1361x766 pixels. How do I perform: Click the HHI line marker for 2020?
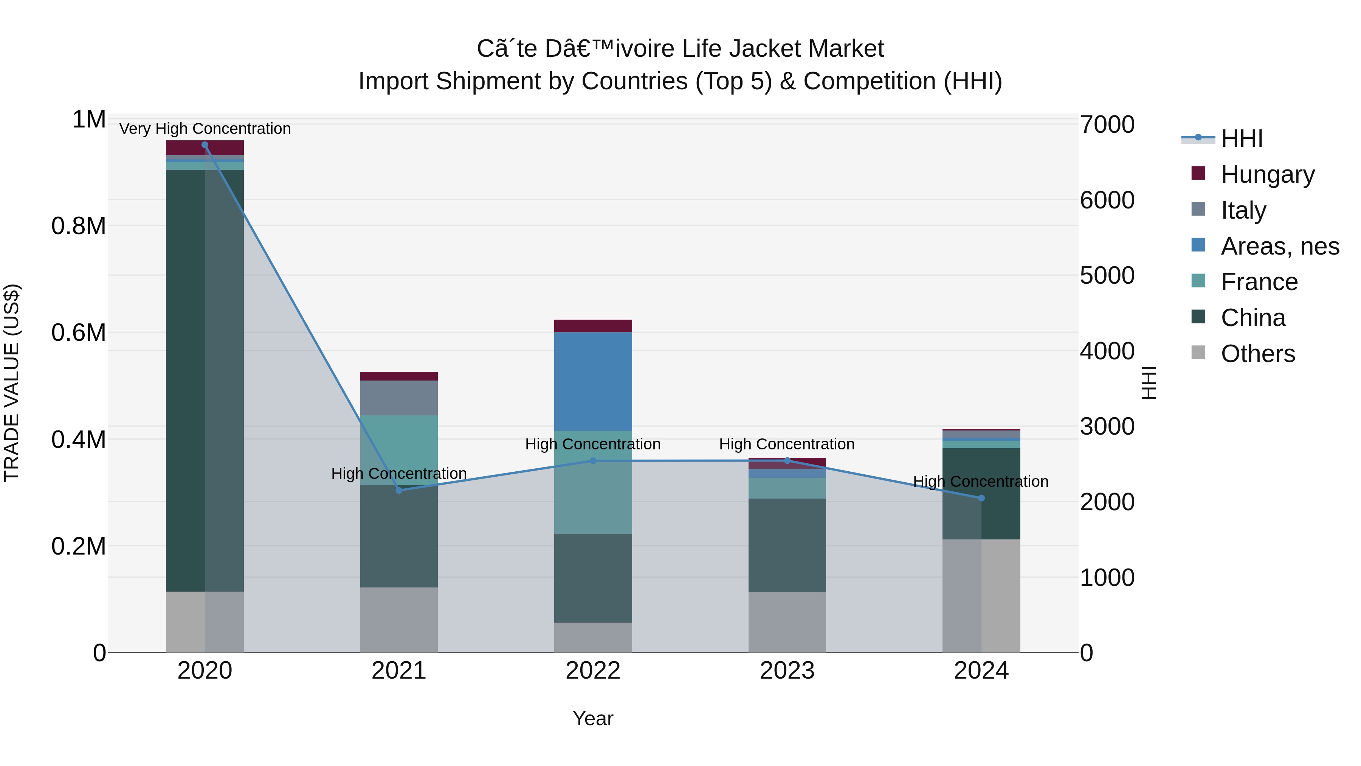205,145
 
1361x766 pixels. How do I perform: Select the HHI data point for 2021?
399,491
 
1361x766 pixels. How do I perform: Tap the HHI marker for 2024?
981,498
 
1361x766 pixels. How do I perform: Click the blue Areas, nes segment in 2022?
593,381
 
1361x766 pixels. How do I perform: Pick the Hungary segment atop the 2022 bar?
593,326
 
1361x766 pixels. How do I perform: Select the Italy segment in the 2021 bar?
399,398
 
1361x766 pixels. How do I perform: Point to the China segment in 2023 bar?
787,544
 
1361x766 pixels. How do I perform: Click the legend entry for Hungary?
1267,174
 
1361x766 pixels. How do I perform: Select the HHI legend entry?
1242,138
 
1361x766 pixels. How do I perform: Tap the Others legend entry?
1257,354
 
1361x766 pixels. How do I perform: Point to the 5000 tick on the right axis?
1107,275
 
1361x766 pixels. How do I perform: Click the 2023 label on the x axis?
787,671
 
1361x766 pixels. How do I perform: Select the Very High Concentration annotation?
205,129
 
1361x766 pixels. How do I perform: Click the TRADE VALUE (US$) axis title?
12,383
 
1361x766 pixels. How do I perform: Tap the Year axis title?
593,718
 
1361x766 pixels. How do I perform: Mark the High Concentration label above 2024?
981,482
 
